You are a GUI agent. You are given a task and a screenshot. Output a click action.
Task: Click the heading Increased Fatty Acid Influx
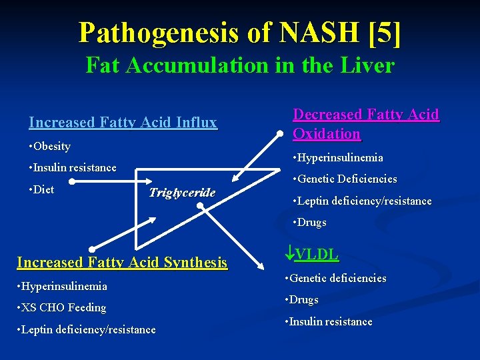click(x=123, y=122)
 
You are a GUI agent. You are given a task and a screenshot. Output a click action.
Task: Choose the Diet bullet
click(x=42, y=189)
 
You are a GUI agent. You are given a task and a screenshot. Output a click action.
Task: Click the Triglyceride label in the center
click(x=182, y=193)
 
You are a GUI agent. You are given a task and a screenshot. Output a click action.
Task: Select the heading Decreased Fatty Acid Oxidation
click(x=366, y=124)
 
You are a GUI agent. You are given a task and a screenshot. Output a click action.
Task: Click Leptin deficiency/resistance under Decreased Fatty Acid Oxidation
click(x=361, y=201)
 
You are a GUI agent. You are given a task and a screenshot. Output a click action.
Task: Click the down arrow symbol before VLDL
click(x=289, y=253)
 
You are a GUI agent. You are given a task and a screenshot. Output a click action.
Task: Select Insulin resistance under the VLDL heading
click(x=330, y=321)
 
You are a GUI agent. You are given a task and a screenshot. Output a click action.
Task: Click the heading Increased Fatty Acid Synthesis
click(x=122, y=263)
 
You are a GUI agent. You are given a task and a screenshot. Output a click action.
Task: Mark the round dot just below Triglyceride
click(x=200, y=207)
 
